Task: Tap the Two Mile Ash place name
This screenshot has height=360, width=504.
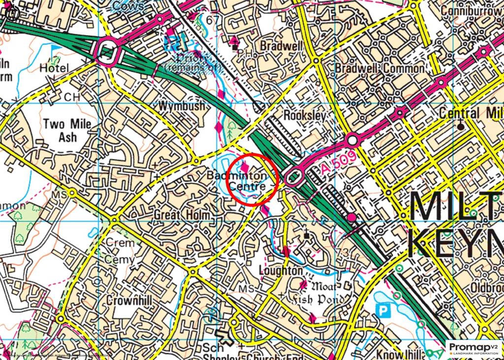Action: pos(67,131)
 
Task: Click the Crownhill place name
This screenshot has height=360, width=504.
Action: pos(129,300)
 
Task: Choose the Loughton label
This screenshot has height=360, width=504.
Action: pos(281,271)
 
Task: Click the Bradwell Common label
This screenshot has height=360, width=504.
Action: pos(379,68)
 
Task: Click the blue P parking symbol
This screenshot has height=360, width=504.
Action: pos(381,311)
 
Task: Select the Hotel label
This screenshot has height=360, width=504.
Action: pos(54,68)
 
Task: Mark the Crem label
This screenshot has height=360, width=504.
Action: pos(120,243)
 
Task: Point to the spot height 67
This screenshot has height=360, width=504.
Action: pos(213,20)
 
